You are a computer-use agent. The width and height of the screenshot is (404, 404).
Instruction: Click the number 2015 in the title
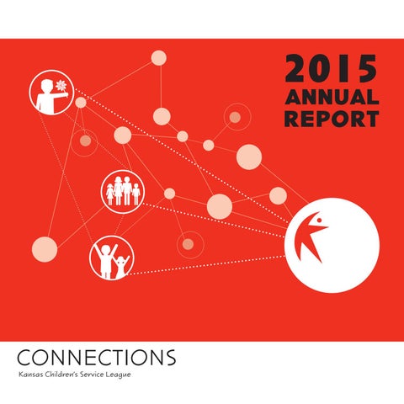(x=332, y=68)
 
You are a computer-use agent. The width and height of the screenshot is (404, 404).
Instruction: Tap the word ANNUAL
(x=332, y=97)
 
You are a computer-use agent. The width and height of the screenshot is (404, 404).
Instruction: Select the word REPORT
(x=332, y=119)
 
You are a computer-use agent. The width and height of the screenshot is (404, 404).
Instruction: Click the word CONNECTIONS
(x=97, y=358)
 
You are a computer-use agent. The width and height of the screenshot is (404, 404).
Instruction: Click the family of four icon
(x=123, y=191)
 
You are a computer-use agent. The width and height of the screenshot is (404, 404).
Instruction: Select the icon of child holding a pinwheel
(x=52, y=93)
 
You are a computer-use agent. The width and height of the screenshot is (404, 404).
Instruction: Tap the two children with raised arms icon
(x=111, y=258)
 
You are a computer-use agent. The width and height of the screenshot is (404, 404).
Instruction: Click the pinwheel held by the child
(x=61, y=85)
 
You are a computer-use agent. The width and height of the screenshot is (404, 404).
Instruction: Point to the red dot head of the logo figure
(x=319, y=221)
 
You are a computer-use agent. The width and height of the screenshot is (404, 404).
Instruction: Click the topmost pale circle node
(x=159, y=58)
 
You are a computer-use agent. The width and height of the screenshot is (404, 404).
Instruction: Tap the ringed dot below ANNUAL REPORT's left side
(x=235, y=117)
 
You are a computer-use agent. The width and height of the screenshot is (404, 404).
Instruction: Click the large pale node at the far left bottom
(x=45, y=249)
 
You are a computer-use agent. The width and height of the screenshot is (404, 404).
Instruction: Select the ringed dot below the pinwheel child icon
(x=85, y=141)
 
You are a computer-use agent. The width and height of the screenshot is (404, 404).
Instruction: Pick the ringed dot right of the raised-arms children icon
(x=188, y=244)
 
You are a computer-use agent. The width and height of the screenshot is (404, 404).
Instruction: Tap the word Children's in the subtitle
(x=61, y=375)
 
